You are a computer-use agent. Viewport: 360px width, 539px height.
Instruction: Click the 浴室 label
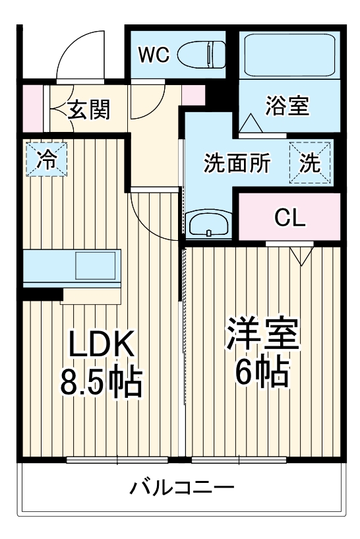(287, 106)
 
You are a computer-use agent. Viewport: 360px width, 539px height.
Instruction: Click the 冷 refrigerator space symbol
(46, 159)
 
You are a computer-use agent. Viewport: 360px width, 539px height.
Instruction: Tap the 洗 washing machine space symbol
(309, 162)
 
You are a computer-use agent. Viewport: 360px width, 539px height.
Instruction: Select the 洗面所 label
(236, 163)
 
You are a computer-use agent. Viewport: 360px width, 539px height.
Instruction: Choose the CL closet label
(290, 218)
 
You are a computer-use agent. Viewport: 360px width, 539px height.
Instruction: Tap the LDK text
(102, 344)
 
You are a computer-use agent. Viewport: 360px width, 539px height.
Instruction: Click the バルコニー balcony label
(181, 489)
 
